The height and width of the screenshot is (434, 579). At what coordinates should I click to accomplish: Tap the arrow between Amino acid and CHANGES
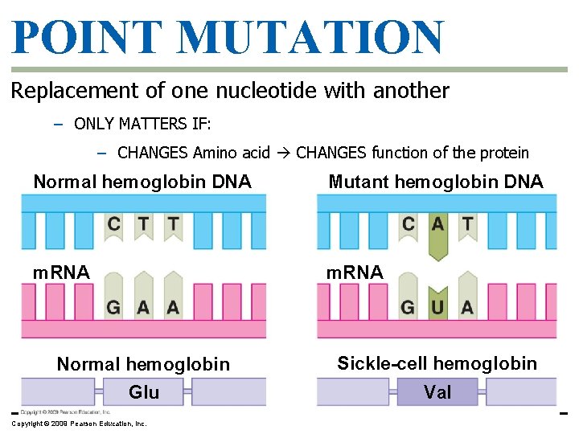click(x=288, y=153)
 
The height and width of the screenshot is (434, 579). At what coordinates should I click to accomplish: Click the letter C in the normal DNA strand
click(x=114, y=224)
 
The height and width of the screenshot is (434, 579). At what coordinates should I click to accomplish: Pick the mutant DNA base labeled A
click(x=437, y=224)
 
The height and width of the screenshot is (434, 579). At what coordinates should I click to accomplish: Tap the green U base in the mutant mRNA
click(x=437, y=307)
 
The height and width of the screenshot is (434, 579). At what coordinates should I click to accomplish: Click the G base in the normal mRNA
click(x=114, y=307)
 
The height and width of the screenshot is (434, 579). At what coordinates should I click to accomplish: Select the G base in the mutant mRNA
click(x=409, y=307)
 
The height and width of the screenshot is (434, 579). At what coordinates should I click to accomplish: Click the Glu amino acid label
click(x=144, y=392)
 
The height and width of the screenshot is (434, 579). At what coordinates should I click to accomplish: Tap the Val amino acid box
click(x=437, y=392)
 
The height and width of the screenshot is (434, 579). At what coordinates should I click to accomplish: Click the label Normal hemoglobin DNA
click(x=142, y=182)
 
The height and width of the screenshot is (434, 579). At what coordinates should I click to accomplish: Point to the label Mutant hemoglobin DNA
click(x=436, y=182)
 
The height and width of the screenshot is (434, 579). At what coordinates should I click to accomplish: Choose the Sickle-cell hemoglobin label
click(x=437, y=363)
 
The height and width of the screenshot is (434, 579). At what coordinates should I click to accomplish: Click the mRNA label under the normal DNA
click(x=61, y=272)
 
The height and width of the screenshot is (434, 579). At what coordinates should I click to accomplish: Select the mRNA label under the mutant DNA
click(x=354, y=272)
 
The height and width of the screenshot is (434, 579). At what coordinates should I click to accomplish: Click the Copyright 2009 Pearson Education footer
click(x=79, y=424)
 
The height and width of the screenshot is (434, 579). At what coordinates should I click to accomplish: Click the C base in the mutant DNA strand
click(x=409, y=224)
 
